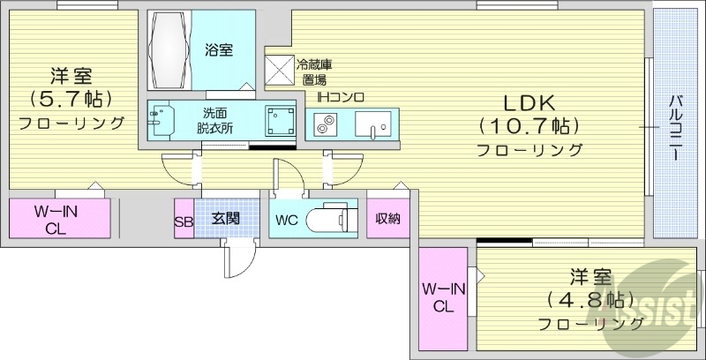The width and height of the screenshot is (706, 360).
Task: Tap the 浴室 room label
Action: (219, 49)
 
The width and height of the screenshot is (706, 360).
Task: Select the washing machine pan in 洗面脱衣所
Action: (279, 121)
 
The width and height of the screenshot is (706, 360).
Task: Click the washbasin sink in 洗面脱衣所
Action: (161, 120)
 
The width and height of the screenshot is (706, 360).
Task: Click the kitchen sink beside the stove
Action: (372, 124)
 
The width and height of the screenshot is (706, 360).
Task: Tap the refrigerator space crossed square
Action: (279, 70)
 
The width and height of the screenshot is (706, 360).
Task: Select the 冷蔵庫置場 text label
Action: (314, 72)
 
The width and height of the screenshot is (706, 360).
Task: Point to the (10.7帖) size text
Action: (528, 127)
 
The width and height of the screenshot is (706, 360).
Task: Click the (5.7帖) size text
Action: (71, 99)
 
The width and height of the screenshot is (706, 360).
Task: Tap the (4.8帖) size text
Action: (590, 299)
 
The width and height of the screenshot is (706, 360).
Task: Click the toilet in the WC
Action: (332, 219)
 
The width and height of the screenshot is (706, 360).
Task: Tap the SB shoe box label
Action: (184, 221)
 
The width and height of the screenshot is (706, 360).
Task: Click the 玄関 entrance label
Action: (225, 219)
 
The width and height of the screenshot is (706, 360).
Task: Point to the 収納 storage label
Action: (387, 219)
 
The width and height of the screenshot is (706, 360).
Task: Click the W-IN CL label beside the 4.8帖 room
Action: (444, 298)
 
